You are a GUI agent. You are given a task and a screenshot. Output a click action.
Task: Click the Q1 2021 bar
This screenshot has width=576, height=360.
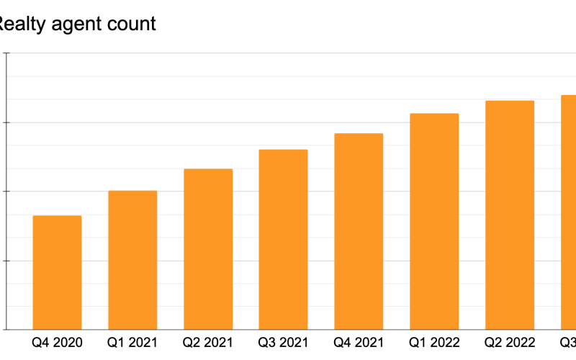tap(132, 260)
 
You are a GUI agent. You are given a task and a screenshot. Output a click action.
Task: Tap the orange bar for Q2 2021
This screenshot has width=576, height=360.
tap(208, 249)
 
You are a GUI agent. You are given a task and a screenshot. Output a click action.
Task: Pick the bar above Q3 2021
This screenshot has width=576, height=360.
tap(283, 239)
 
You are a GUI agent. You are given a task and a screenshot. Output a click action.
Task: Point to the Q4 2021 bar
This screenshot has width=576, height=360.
tap(359, 231)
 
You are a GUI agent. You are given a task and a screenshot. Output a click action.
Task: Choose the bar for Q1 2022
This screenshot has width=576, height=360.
tap(434, 221)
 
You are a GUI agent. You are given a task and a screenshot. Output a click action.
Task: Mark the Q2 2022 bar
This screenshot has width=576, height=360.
tap(510, 215)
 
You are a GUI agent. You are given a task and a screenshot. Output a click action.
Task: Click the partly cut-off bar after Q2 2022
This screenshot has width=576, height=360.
tap(569, 212)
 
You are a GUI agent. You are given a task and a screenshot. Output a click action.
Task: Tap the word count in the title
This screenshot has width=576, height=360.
tap(133, 24)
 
